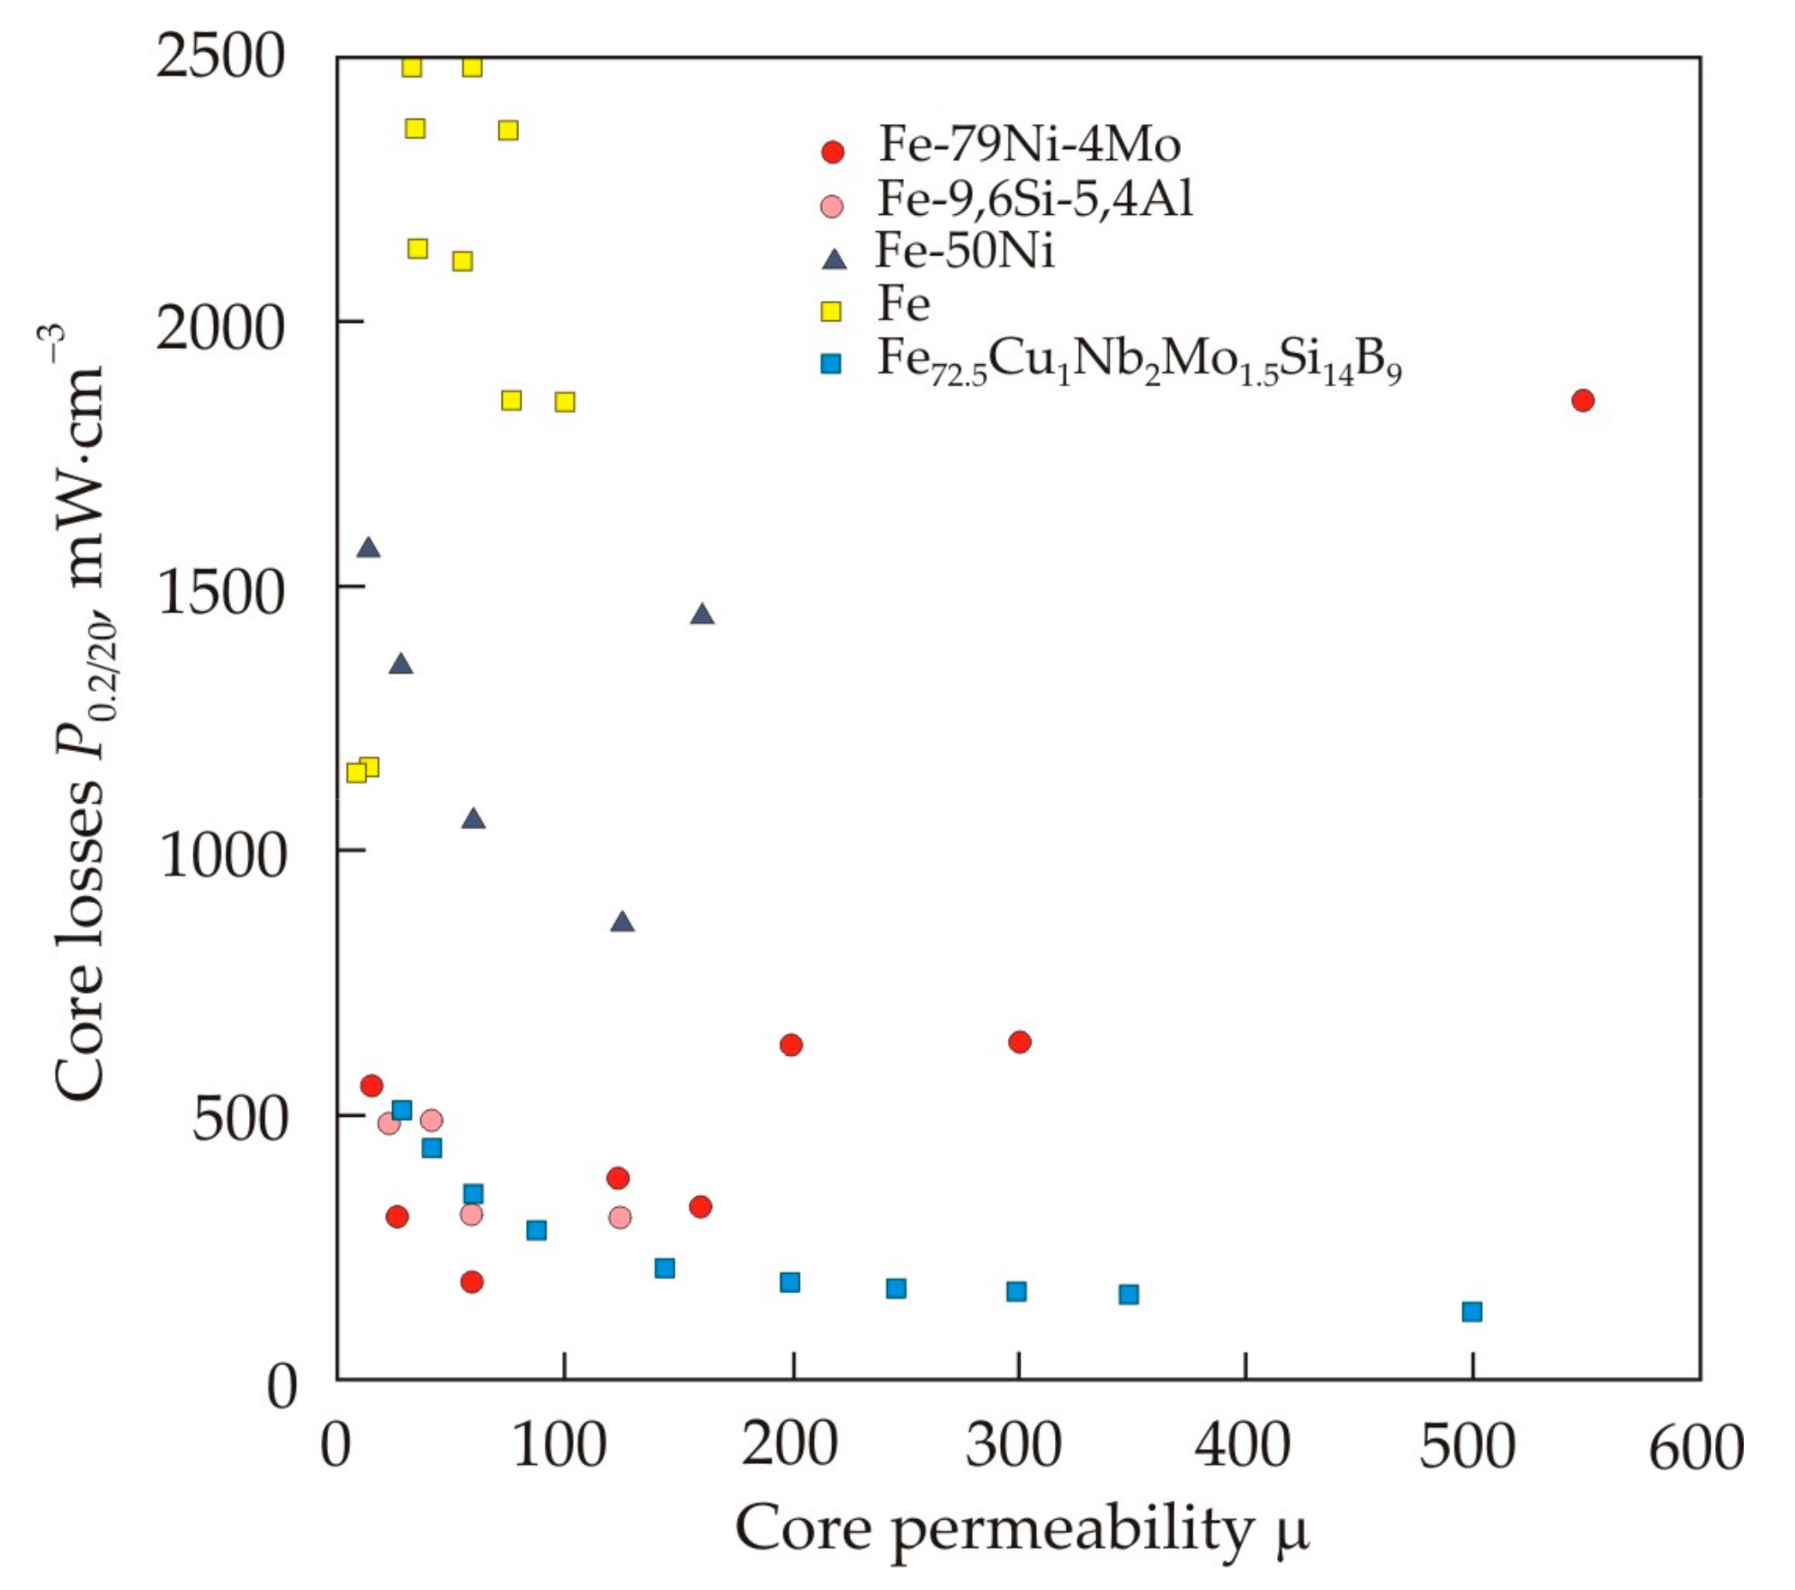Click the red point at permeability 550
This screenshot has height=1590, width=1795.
click(1583, 400)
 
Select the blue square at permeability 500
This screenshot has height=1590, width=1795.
click(1471, 1311)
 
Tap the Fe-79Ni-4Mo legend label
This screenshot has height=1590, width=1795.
click(1029, 144)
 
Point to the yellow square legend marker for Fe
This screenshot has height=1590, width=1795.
click(832, 311)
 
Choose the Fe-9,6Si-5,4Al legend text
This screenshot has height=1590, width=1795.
click(1035, 199)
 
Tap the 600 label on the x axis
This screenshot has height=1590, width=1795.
click(1695, 1446)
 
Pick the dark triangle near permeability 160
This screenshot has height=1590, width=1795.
click(702, 614)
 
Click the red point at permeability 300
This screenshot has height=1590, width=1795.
click(1019, 1041)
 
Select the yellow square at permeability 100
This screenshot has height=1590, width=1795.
click(565, 401)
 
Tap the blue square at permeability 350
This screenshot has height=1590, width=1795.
click(1129, 1294)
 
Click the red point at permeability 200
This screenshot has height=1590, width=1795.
click(790, 1044)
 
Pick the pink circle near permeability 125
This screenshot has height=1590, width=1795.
click(620, 1217)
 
